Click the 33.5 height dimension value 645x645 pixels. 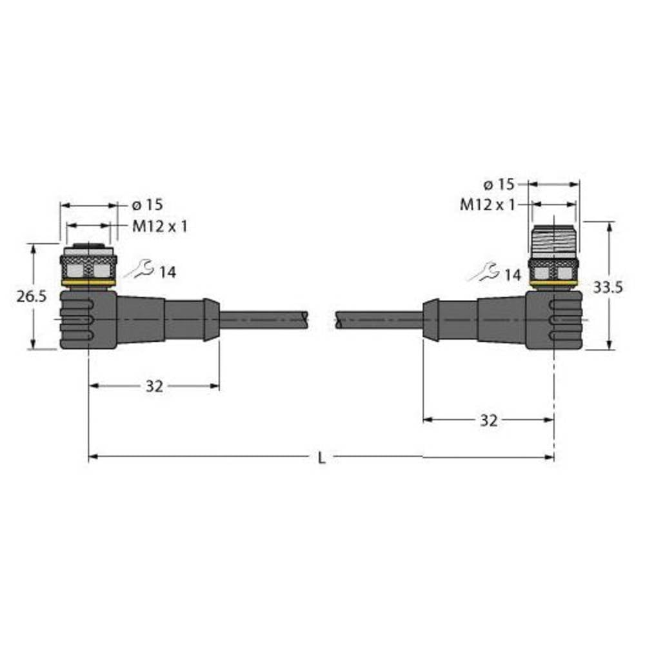608,288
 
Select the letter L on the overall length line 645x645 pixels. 322,458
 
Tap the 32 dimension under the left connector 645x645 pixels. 154,386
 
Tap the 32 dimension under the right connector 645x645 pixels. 489,421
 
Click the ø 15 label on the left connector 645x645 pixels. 147,205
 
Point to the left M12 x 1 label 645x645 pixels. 160,226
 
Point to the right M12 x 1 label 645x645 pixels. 488,205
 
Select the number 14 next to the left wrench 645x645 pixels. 167,273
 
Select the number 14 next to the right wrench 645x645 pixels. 512,275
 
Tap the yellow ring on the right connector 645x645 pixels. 553,283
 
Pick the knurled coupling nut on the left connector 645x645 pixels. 88,266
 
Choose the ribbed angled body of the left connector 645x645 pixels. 87,319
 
